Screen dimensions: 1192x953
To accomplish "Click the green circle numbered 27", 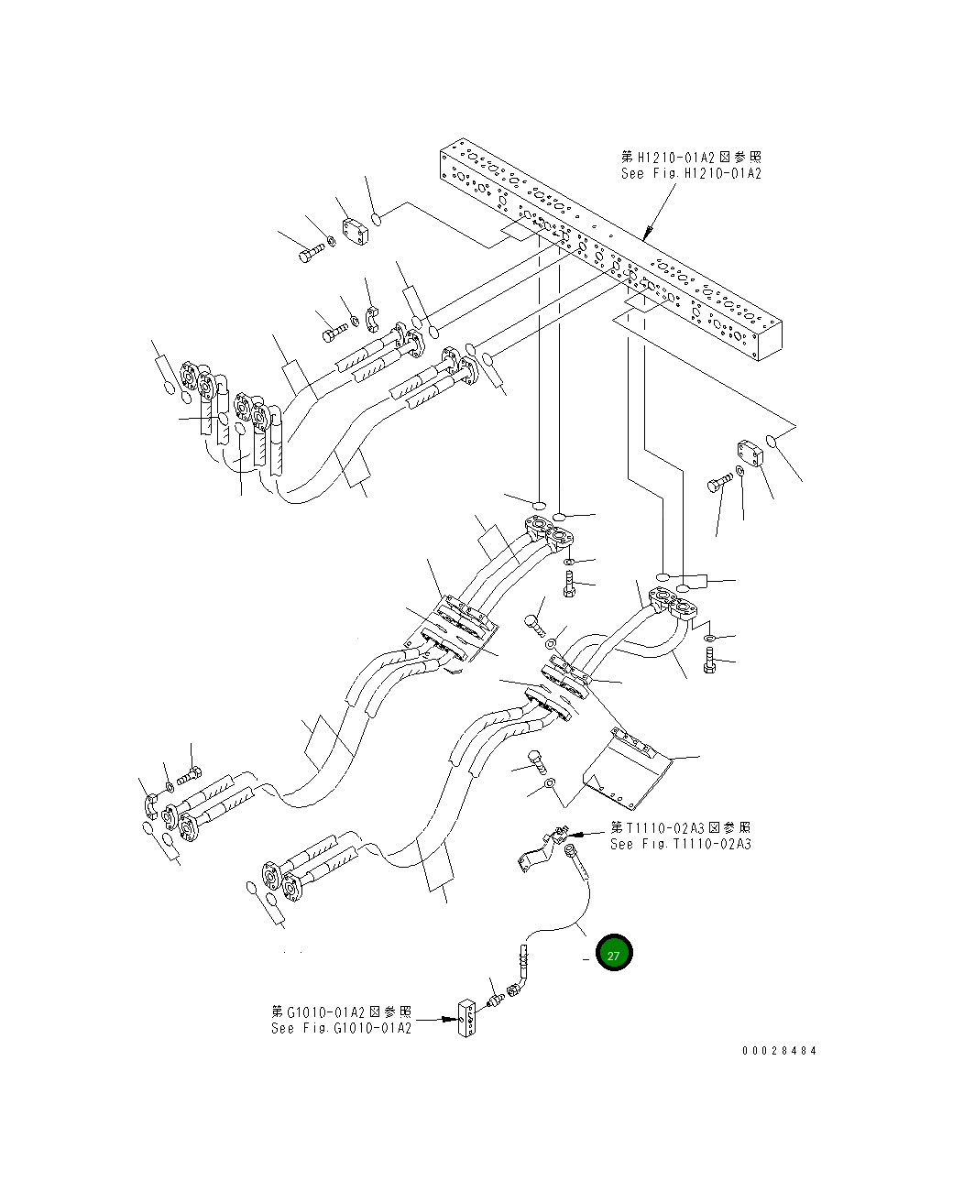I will pos(614,954).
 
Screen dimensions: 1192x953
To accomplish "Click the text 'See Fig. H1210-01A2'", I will pos(691,173).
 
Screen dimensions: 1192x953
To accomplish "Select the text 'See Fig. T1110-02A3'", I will pos(680,844).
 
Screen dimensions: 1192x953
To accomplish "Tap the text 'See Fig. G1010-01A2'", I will pos(341,1028).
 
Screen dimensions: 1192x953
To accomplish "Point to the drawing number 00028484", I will pos(779,1051).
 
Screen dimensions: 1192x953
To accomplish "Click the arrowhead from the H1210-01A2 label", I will pos(647,236).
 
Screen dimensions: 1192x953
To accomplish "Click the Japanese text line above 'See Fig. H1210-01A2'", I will pos(691,158).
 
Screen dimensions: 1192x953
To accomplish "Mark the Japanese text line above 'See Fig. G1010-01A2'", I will pos(341,1012).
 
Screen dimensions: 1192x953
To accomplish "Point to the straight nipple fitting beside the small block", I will pos(495,996).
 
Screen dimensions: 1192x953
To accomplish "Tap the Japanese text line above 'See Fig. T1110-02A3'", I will pos(680,828).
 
